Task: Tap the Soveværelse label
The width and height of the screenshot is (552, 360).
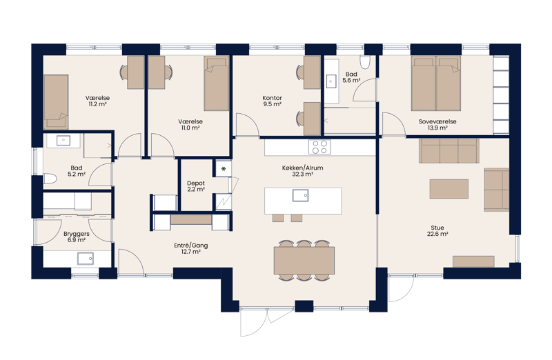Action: [437, 122]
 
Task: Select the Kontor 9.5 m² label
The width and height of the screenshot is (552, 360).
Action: [272, 101]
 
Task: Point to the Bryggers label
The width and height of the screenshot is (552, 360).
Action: [77, 234]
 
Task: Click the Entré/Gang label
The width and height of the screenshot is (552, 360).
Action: [191, 246]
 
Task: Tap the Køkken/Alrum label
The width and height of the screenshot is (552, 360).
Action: [302, 168]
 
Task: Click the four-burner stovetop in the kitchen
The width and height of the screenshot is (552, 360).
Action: [319, 147]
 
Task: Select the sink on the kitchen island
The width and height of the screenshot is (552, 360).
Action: [300, 195]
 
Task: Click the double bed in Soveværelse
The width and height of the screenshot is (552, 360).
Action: [436, 83]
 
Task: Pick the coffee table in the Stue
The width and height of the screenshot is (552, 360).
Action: [449, 189]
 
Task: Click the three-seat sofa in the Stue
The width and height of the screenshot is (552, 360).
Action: [449, 150]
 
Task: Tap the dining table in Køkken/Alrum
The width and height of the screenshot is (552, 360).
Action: [304, 261]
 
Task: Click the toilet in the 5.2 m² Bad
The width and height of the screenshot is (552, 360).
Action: [50, 179]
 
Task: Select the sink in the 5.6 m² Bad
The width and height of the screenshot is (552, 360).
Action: [331, 81]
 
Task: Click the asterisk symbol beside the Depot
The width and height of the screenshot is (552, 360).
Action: [223, 168]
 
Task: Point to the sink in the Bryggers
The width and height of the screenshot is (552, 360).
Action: [86, 259]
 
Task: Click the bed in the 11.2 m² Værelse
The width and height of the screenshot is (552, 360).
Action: [56, 101]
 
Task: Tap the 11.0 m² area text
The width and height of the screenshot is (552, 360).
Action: [190, 128]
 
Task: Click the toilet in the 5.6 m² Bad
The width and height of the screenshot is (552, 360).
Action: [366, 62]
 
